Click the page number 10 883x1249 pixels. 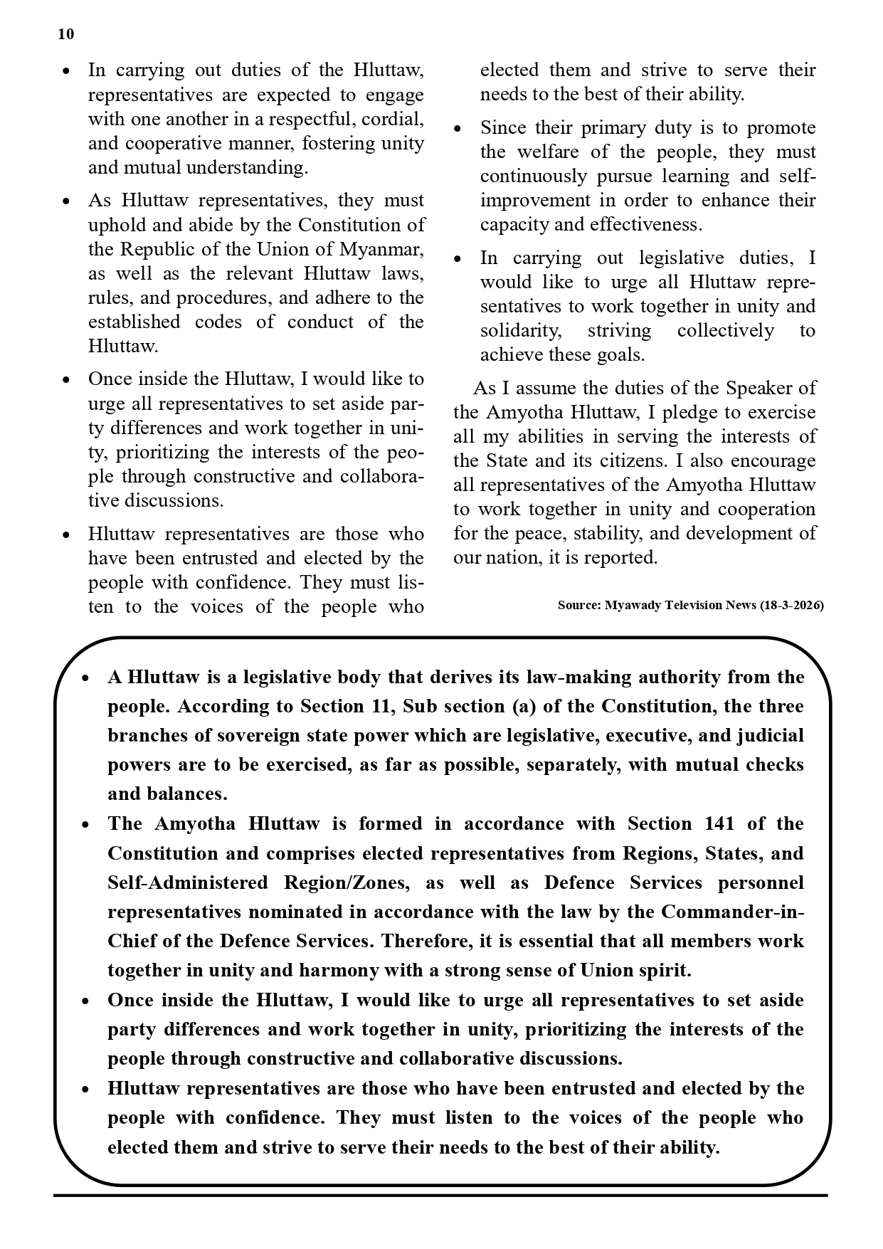click(x=65, y=34)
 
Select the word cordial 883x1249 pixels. click(x=393, y=119)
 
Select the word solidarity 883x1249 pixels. click(x=520, y=330)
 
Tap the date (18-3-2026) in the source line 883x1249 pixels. click(x=792, y=606)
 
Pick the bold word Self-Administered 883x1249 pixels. click(x=187, y=882)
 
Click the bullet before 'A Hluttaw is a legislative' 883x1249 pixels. click(x=85, y=678)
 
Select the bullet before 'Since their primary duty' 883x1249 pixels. click(x=458, y=129)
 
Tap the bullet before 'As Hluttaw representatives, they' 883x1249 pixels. click(x=66, y=201)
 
